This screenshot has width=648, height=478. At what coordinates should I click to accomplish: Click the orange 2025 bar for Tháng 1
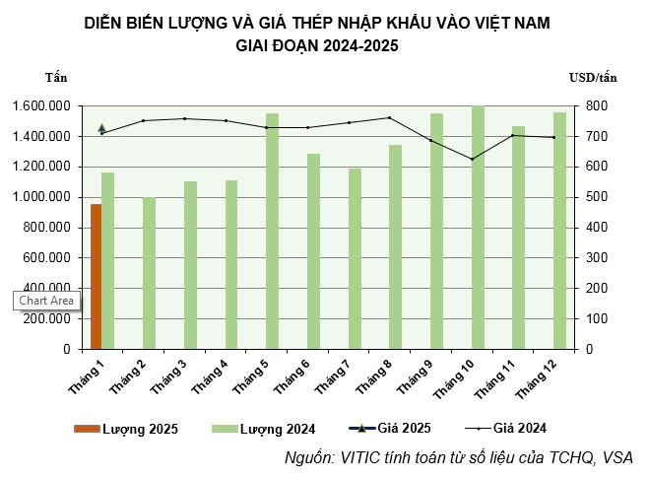pos(96,276)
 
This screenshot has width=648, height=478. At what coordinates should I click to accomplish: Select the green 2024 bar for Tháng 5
pos(272,232)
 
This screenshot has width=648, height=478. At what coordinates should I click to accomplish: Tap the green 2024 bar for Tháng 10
pos(478,228)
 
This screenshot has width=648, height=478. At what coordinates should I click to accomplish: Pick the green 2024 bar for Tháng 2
pos(149,273)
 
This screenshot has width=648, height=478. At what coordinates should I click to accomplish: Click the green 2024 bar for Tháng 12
pos(559,231)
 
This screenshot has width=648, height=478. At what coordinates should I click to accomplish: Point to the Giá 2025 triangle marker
pos(101,127)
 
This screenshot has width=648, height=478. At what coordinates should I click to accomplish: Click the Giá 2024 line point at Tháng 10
pos(472,159)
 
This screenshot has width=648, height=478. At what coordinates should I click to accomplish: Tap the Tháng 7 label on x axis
pos(334,377)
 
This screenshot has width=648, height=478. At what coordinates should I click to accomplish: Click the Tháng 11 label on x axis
pos(496,379)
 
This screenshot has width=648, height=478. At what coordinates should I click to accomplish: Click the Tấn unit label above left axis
pos(57,77)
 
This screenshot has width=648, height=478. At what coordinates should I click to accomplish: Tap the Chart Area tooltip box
pos(46,301)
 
